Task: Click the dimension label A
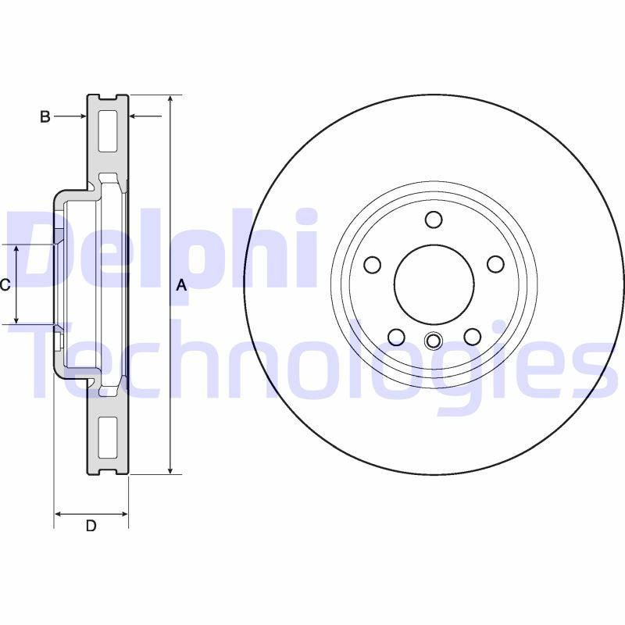[x=181, y=285]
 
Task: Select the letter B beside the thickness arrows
[x=45, y=116]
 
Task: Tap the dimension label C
[x=5, y=285]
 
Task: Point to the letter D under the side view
[x=91, y=526]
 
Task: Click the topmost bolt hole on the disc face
[x=434, y=219]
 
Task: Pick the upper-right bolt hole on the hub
[x=495, y=264]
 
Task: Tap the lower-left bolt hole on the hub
[x=396, y=337]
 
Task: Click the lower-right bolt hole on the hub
[x=472, y=337]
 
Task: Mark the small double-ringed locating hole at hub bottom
[x=434, y=341]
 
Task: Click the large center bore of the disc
[x=434, y=284]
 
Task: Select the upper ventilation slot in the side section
[x=108, y=130]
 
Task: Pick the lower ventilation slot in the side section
[x=108, y=437]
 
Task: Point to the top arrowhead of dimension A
[x=170, y=99]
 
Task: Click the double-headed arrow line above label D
[x=91, y=514]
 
